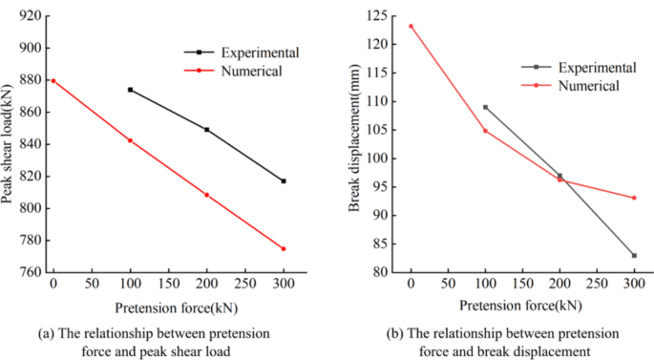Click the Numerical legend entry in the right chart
(x=588, y=85)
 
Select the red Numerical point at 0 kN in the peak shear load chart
(x=53, y=81)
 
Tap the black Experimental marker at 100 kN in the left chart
(x=130, y=90)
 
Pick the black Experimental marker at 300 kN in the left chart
(x=284, y=180)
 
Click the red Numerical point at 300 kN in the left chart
(x=284, y=248)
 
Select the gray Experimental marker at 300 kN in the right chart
(x=634, y=255)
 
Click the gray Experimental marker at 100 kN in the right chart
(x=485, y=107)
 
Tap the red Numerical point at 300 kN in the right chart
(x=634, y=198)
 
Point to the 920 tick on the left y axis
(x=30, y=16)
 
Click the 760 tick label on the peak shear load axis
(x=30, y=272)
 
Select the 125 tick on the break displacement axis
(x=388, y=16)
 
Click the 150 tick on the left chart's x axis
(x=168, y=286)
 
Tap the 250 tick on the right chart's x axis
(x=597, y=286)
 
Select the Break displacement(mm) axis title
(x=354, y=143)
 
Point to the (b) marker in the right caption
(x=392, y=333)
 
